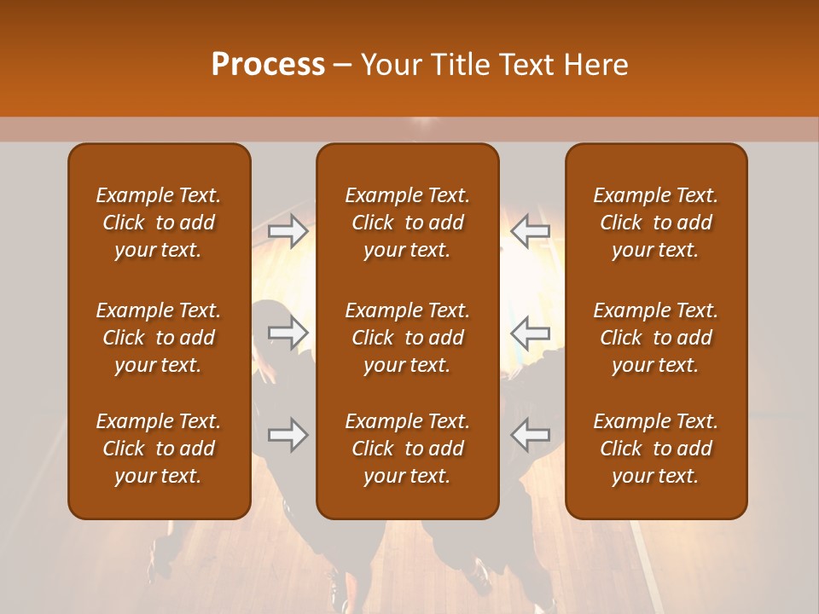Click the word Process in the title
tap(268, 65)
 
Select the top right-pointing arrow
tap(288, 232)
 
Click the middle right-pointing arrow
tap(288, 331)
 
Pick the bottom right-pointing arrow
tap(288, 435)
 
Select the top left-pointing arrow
tap(530, 232)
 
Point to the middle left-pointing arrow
tap(530, 331)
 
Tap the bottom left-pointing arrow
tap(530, 435)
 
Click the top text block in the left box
tap(159, 223)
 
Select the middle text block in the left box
tap(159, 338)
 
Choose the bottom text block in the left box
tap(159, 449)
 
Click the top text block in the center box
tap(407, 223)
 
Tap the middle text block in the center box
tap(407, 338)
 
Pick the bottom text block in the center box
tap(407, 449)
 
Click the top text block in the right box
tap(655, 223)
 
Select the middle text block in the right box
tap(655, 338)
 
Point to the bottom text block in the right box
tap(655, 449)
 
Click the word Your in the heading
tap(389, 65)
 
